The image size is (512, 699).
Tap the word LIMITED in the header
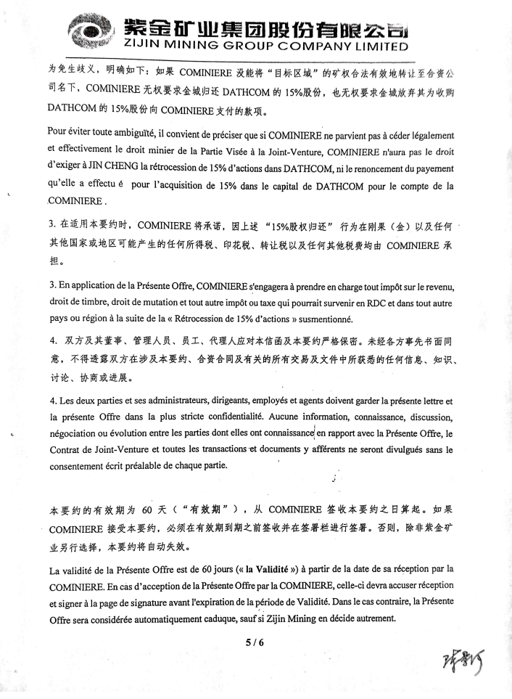point(374,46)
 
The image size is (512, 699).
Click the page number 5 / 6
point(255,641)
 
